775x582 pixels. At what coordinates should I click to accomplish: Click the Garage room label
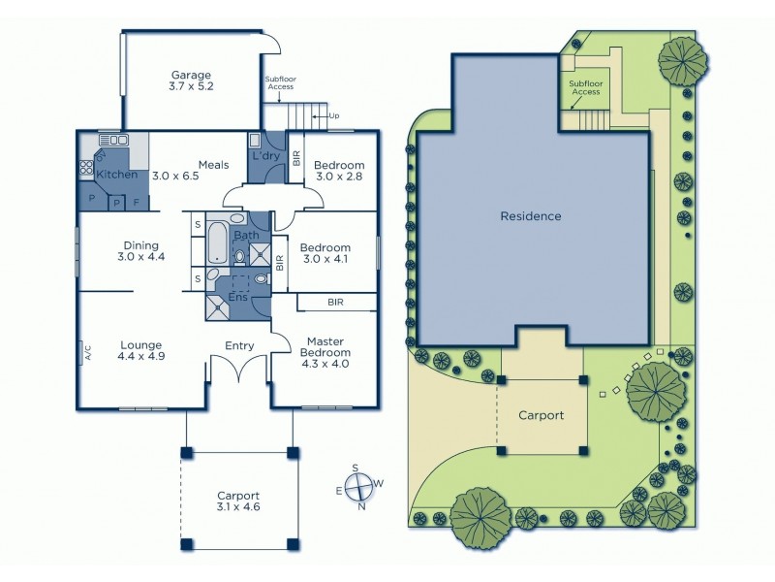[x=191, y=75]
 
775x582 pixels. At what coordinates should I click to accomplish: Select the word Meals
[x=213, y=164]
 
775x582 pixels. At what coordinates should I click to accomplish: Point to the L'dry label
[x=265, y=156]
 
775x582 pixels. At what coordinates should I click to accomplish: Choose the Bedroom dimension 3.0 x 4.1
[x=324, y=259]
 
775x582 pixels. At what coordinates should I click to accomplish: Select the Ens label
[x=237, y=297]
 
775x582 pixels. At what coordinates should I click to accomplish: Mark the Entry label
[x=239, y=345]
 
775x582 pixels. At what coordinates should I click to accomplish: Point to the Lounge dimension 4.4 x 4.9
[x=141, y=357]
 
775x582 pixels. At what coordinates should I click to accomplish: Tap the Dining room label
[x=141, y=245]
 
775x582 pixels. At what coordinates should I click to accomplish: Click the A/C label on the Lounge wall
[x=87, y=353]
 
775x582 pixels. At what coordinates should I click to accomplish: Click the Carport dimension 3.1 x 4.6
[x=238, y=506]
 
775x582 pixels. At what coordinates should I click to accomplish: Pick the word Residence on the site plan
[x=530, y=216]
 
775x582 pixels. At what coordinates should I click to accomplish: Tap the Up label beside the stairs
[x=334, y=116]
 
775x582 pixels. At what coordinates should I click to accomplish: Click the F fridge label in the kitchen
[x=136, y=202]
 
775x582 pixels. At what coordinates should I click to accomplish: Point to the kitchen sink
[x=107, y=140]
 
